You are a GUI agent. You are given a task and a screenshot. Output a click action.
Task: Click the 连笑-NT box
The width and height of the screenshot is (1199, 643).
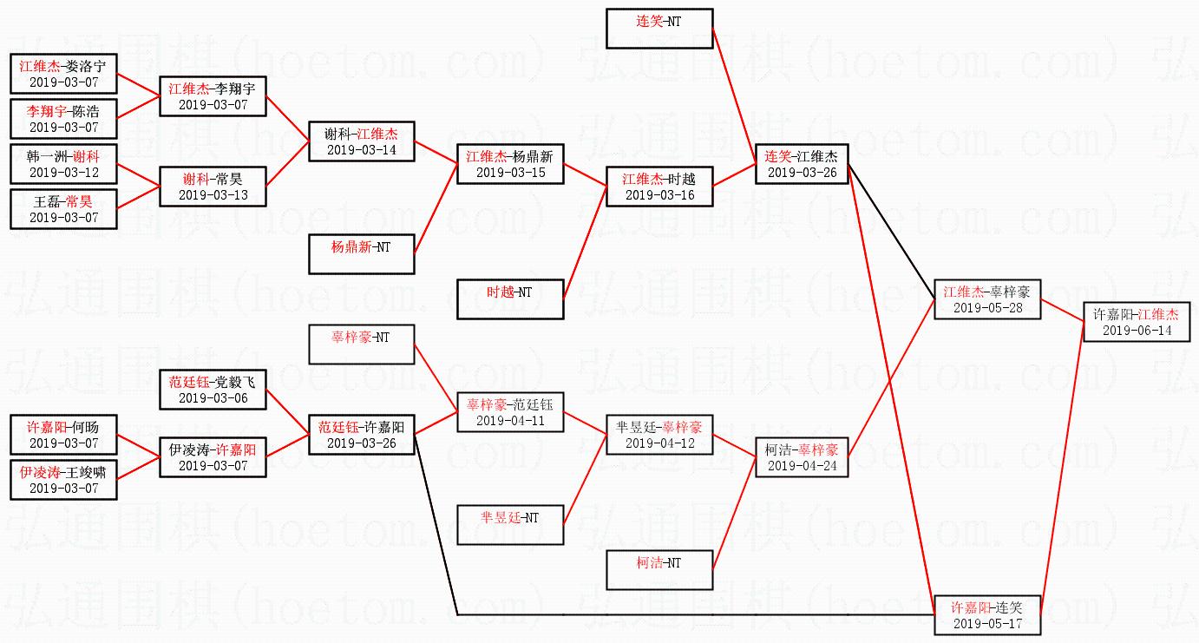pos(659,29)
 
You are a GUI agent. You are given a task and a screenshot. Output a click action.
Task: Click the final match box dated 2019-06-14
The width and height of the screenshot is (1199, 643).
pos(1136,321)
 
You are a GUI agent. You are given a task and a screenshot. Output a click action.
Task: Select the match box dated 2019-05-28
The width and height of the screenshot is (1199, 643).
pos(986,299)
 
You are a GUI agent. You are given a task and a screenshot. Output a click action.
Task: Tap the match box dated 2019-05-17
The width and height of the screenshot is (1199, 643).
pos(986,614)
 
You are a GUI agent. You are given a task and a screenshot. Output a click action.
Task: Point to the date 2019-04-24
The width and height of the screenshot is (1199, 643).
pos(802,466)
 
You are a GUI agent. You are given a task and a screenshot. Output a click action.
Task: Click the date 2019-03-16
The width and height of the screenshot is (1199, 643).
pos(658,195)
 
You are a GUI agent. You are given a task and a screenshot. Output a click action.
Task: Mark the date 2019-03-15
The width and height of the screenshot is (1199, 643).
pos(510,173)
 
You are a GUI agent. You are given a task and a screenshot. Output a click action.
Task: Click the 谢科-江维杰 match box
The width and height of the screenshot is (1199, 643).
pos(362,141)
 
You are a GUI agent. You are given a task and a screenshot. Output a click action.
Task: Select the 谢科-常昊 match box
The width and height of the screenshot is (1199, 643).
pos(213,186)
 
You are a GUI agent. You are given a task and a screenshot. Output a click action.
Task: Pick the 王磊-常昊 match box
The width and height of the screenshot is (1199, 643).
pos(63,208)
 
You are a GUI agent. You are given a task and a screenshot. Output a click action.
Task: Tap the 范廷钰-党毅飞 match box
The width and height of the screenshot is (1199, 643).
pos(213,389)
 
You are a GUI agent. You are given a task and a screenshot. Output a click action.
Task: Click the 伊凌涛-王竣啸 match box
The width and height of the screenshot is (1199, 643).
pos(63,479)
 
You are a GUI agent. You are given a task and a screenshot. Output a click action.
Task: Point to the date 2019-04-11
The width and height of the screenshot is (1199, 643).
pos(510,421)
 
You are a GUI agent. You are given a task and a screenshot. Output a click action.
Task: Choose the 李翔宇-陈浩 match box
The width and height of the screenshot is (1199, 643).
pos(63,118)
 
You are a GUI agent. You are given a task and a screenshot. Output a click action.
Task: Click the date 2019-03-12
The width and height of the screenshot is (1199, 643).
pos(63,173)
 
